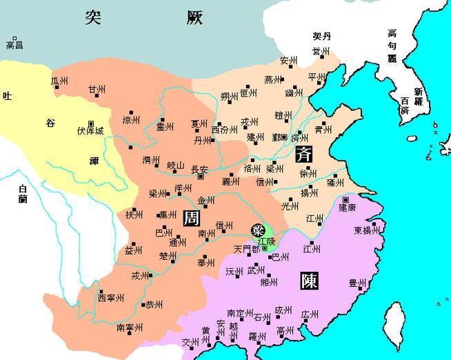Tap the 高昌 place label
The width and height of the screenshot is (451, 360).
14,46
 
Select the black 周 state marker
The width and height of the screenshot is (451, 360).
192,218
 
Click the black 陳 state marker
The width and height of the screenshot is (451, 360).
310,281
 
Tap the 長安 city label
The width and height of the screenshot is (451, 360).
199,168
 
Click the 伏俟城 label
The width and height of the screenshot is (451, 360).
90,129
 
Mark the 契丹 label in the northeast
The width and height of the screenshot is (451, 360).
321,37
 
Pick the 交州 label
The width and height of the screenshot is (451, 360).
190,342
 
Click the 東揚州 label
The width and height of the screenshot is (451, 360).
366,230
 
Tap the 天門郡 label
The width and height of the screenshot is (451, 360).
247,248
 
